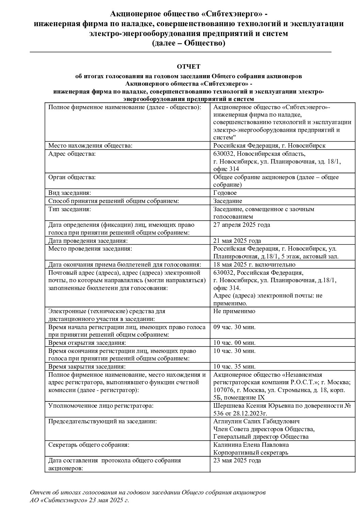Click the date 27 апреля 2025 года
[242, 225]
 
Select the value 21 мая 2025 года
[237, 241]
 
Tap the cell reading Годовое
[225, 193]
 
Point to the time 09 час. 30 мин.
[234, 327]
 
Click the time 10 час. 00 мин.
[234, 343]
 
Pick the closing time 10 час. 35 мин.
[234, 367]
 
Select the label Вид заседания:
[69, 193]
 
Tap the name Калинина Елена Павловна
[251, 445]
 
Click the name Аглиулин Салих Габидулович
[256, 421]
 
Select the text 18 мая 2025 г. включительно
[254, 265]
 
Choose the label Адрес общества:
[72, 154]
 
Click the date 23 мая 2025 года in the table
[237, 461]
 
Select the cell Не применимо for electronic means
[234, 311]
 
